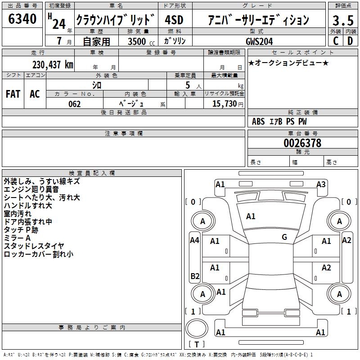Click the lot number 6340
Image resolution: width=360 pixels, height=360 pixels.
[x=22, y=19]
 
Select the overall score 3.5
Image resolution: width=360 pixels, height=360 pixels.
[x=342, y=21]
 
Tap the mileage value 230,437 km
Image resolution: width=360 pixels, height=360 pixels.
[x=53, y=65]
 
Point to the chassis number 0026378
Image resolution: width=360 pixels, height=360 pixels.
[x=302, y=143]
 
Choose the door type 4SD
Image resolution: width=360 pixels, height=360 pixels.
[x=174, y=20]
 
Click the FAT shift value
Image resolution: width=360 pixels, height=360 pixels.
[x=13, y=94]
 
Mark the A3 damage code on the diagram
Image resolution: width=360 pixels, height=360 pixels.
[x=321, y=184]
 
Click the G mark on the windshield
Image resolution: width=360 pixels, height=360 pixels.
[x=284, y=237]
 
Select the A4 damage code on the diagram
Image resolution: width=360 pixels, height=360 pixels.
[x=194, y=240]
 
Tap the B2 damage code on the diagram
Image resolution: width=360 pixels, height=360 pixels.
[x=194, y=276]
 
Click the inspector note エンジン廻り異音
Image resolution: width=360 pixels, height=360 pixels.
[x=31, y=189]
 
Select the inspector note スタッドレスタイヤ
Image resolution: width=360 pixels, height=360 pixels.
[x=34, y=246]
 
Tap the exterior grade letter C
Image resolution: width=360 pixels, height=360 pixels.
[x=336, y=41]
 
